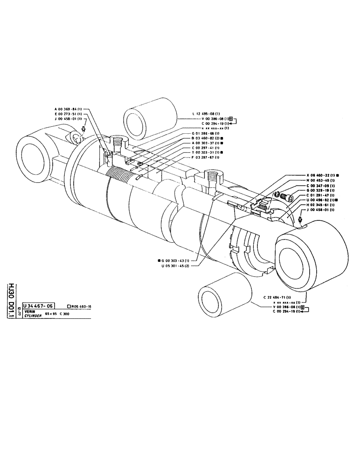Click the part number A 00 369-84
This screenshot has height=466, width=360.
tap(69, 109)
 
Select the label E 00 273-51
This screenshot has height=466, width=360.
tap(69, 114)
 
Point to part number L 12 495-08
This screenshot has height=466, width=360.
tap(210, 114)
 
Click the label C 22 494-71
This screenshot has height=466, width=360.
tap(277, 297)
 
